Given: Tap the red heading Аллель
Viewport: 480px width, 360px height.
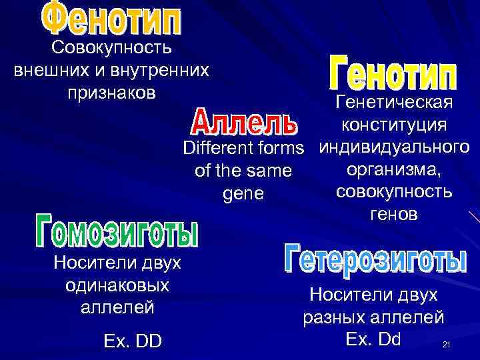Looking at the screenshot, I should coord(244,122).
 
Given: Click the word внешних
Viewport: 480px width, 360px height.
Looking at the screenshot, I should coord(49,70).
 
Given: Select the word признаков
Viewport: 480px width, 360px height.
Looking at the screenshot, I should coord(111,92).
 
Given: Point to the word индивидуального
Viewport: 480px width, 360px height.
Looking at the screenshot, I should coord(393,147).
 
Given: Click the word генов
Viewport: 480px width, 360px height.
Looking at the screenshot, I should coord(393,214).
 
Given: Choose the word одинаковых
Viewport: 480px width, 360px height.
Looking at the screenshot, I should coord(117,285).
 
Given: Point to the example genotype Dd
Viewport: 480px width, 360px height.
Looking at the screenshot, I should coord(389,339).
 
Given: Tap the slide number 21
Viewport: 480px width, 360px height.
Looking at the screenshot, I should coord(447,345).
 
